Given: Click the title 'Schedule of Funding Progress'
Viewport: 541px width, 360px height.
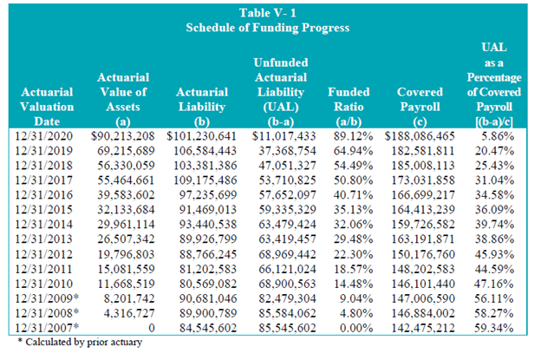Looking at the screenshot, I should click(269, 28).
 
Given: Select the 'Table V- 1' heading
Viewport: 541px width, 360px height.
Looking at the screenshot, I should click(270, 12).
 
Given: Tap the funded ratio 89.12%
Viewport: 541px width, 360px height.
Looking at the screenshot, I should click(353, 135).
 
